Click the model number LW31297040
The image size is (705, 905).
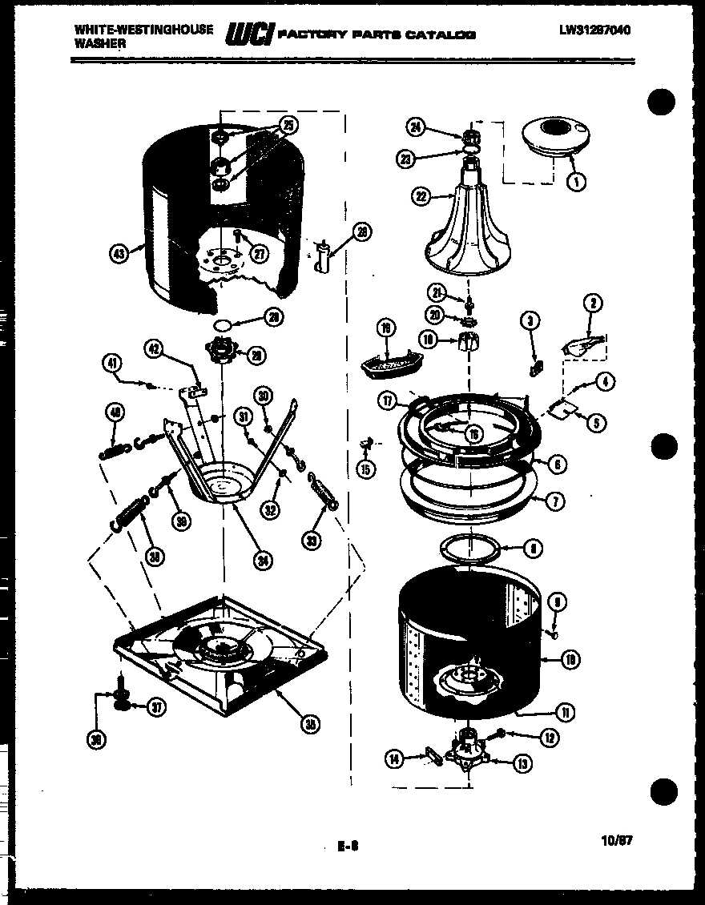[594, 31]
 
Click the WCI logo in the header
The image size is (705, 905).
[251, 33]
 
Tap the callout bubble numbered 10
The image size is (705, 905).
[571, 660]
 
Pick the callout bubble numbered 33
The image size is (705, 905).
[312, 542]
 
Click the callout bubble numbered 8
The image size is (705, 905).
[532, 549]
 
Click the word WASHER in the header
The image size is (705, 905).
[100, 44]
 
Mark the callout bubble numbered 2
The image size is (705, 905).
[594, 304]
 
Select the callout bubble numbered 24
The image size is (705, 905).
[415, 126]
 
